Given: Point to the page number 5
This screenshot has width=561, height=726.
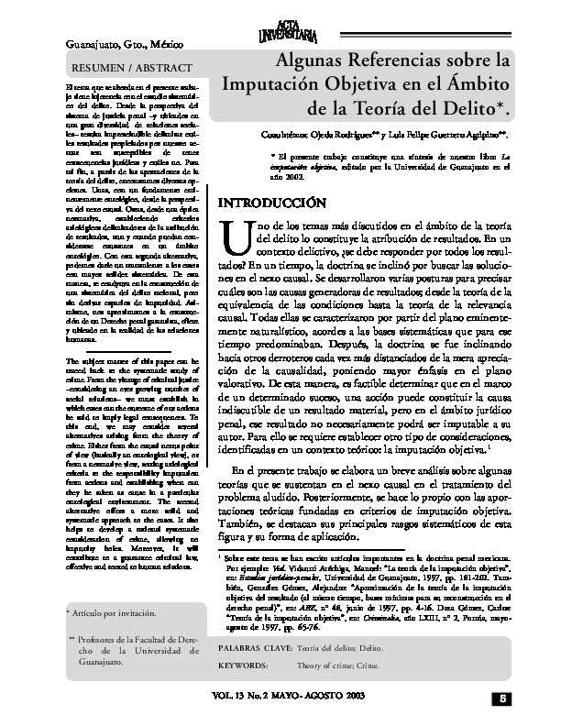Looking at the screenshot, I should (x=504, y=700).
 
